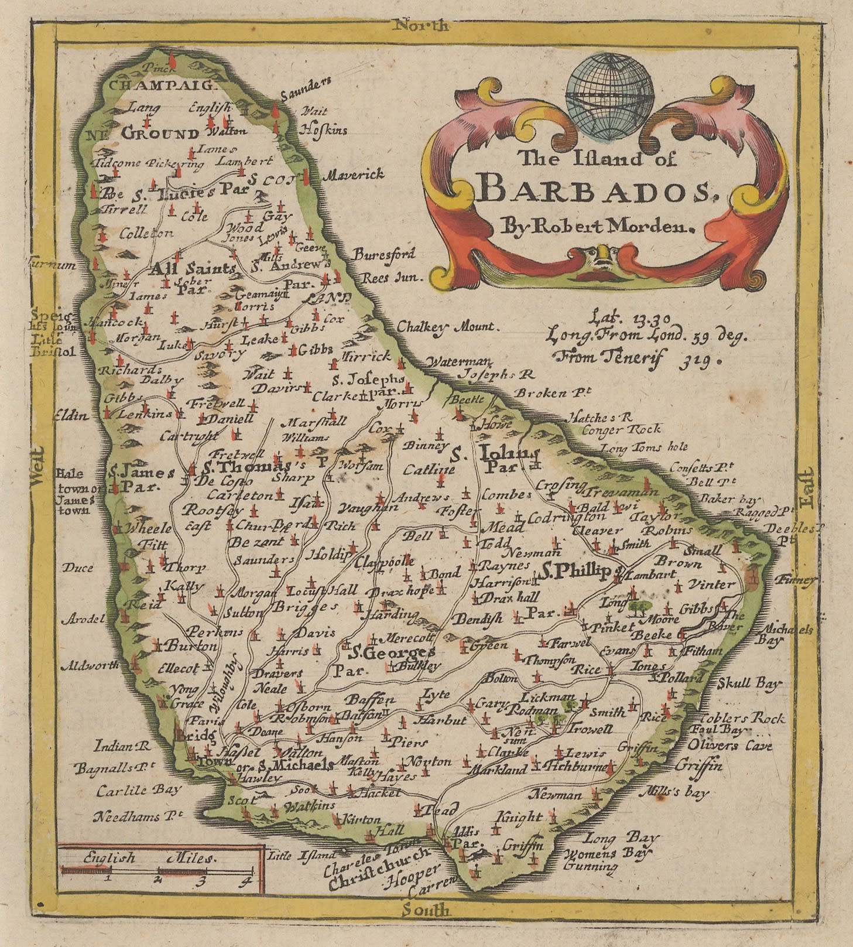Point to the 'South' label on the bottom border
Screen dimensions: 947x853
point(426,910)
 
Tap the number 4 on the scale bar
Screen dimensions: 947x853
point(248,880)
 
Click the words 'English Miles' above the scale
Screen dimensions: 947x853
point(149,858)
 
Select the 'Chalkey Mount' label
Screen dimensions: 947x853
point(448,327)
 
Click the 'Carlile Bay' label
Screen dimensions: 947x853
point(139,789)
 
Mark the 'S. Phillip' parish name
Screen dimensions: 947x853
point(575,570)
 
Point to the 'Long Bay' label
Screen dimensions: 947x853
point(622,838)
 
